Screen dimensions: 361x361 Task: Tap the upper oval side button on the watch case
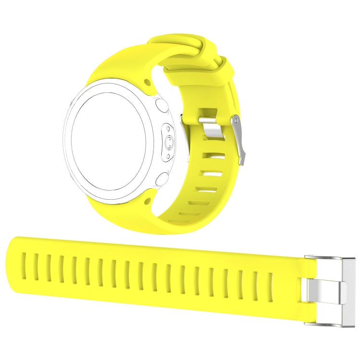[x=162, y=106]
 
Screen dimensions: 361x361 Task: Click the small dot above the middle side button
[x=168, y=129]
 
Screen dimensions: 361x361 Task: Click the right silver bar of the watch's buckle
[x=239, y=140]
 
